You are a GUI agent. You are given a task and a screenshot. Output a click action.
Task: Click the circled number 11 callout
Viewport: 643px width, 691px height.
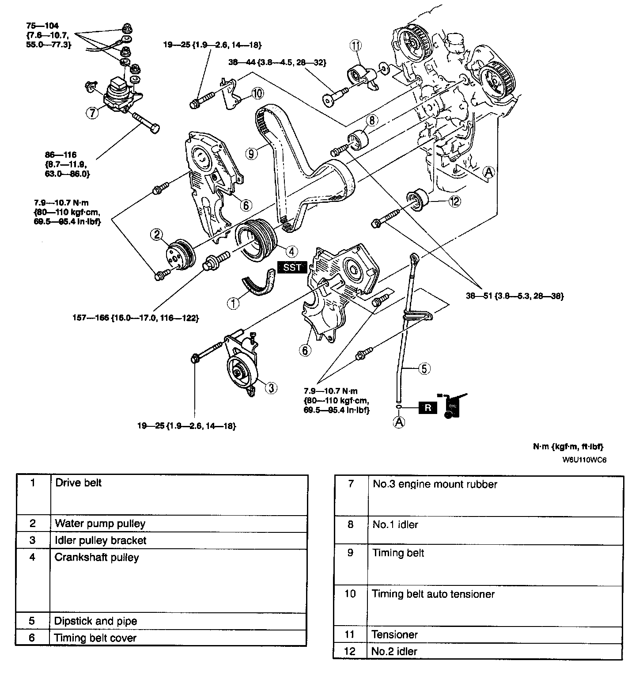(356, 45)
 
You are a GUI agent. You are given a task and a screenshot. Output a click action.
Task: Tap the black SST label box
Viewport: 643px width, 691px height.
(291, 267)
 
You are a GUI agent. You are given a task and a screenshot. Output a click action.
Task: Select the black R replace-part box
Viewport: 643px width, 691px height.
(427, 408)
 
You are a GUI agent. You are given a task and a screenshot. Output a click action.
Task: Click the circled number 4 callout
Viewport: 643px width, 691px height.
(292, 251)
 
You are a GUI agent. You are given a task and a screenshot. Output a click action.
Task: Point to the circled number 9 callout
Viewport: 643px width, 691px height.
(251, 153)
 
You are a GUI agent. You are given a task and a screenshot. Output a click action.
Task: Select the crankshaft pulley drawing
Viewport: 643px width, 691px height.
(255, 241)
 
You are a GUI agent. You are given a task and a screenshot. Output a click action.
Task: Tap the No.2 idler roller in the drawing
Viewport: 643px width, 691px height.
(417, 200)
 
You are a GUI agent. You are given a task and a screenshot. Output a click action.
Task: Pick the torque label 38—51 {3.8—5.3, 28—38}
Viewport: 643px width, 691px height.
(514, 296)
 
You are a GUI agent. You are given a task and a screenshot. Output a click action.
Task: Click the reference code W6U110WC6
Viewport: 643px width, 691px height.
(584, 459)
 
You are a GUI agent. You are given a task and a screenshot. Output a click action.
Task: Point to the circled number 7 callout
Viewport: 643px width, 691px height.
(91, 113)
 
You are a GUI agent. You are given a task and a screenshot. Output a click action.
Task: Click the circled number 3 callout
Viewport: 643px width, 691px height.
(271, 388)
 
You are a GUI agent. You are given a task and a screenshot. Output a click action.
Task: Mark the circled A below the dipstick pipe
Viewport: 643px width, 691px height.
(399, 422)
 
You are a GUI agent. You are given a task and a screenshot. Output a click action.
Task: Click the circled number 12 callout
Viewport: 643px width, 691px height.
(454, 201)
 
